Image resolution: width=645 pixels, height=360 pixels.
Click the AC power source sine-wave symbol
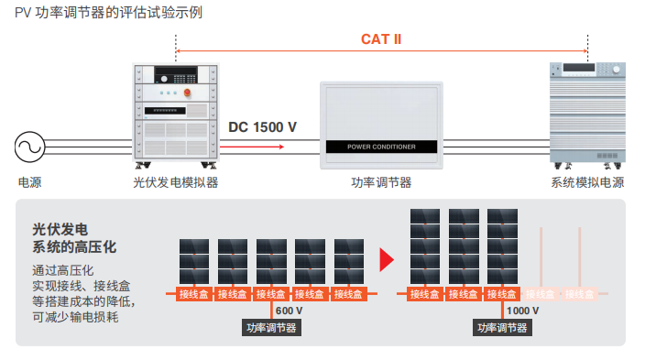click(x=29, y=147)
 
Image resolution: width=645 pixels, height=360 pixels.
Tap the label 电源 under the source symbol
click(x=29, y=182)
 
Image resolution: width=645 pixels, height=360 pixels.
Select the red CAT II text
click(x=381, y=39)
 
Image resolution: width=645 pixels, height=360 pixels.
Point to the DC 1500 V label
click(x=262, y=127)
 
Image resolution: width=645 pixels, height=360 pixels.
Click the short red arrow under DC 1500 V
click(x=252, y=147)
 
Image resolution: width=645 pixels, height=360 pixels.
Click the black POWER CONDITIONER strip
click(x=381, y=147)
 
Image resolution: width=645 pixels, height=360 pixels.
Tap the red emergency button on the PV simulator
click(x=187, y=93)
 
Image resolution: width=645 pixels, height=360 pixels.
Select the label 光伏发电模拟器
click(x=176, y=182)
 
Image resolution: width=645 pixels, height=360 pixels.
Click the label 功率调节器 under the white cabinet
click(x=381, y=182)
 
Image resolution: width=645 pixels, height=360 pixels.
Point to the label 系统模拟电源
click(x=588, y=182)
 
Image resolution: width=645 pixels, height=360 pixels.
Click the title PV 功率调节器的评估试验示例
click(x=109, y=12)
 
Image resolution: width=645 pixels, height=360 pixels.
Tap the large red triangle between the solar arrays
click(x=387, y=259)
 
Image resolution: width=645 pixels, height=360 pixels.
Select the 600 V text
click(x=289, y=311)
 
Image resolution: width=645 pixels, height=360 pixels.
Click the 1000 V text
click(x=522, y=311)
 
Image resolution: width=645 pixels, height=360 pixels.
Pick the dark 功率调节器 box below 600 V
click(x=271, y=328)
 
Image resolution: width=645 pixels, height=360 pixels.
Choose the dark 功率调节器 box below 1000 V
click(x=502, y=328)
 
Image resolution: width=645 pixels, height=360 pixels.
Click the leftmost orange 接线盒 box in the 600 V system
click(x=194, y=294)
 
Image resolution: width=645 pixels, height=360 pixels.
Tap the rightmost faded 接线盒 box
click(x=580, y=294)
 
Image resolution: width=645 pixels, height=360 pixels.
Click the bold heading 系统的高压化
click(x=74, y=246)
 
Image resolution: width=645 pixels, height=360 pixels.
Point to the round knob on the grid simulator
click(x=617, y=70)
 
